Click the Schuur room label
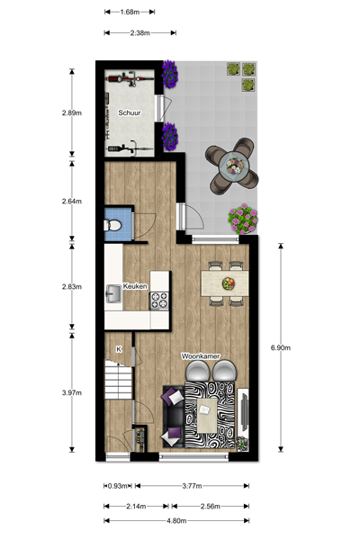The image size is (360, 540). click(x=130, y=112)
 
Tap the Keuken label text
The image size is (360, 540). click(x=135, y=286)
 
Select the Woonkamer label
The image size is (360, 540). click(x=201, y=356)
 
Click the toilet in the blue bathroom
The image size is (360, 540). click(x=112, y=226)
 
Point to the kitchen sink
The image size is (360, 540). click(x=113, y=293)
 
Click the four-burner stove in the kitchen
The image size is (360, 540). click(x=159, y=301)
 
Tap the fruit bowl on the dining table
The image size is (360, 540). click(x=229, y=283)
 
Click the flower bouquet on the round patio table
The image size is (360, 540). click(x=235, y=166)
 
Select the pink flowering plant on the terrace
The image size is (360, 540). click(x=243, y=219)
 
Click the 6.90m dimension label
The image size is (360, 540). click(x=281, y=347)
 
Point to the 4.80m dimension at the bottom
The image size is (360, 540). click(x=176, y=521)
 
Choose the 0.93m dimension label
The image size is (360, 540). click(x=118, y=486)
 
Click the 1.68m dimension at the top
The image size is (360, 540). click(x=130, y=12)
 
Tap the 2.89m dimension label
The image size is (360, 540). click(x=72, y=112)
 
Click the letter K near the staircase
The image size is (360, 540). click(x=119, y=349)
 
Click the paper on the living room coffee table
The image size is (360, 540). click(x=204, y=409)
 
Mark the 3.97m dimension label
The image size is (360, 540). click(x=72, y=392)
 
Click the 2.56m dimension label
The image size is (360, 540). click(x=210, y=506)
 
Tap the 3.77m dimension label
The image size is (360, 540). click(x=192, y=486)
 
